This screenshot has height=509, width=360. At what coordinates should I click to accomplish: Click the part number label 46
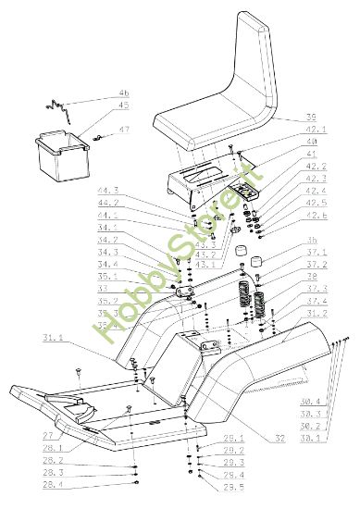pyautogui.click(x=124, y=93)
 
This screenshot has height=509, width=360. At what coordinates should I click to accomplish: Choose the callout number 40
pyautogui.click(x=311, y=141)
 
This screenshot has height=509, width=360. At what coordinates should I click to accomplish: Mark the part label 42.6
pyautogui.click(x=317, y=214)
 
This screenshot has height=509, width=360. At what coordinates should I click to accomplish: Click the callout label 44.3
pyautogui.click(x=108, y=190)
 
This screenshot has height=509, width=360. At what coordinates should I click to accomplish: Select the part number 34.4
pyautogui.click(x=108, y=264)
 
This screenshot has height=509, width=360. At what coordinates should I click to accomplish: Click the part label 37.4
pyautogui.click(x=317, y=301)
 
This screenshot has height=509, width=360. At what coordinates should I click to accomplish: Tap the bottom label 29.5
pyautogui.click(x=233, y=486)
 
